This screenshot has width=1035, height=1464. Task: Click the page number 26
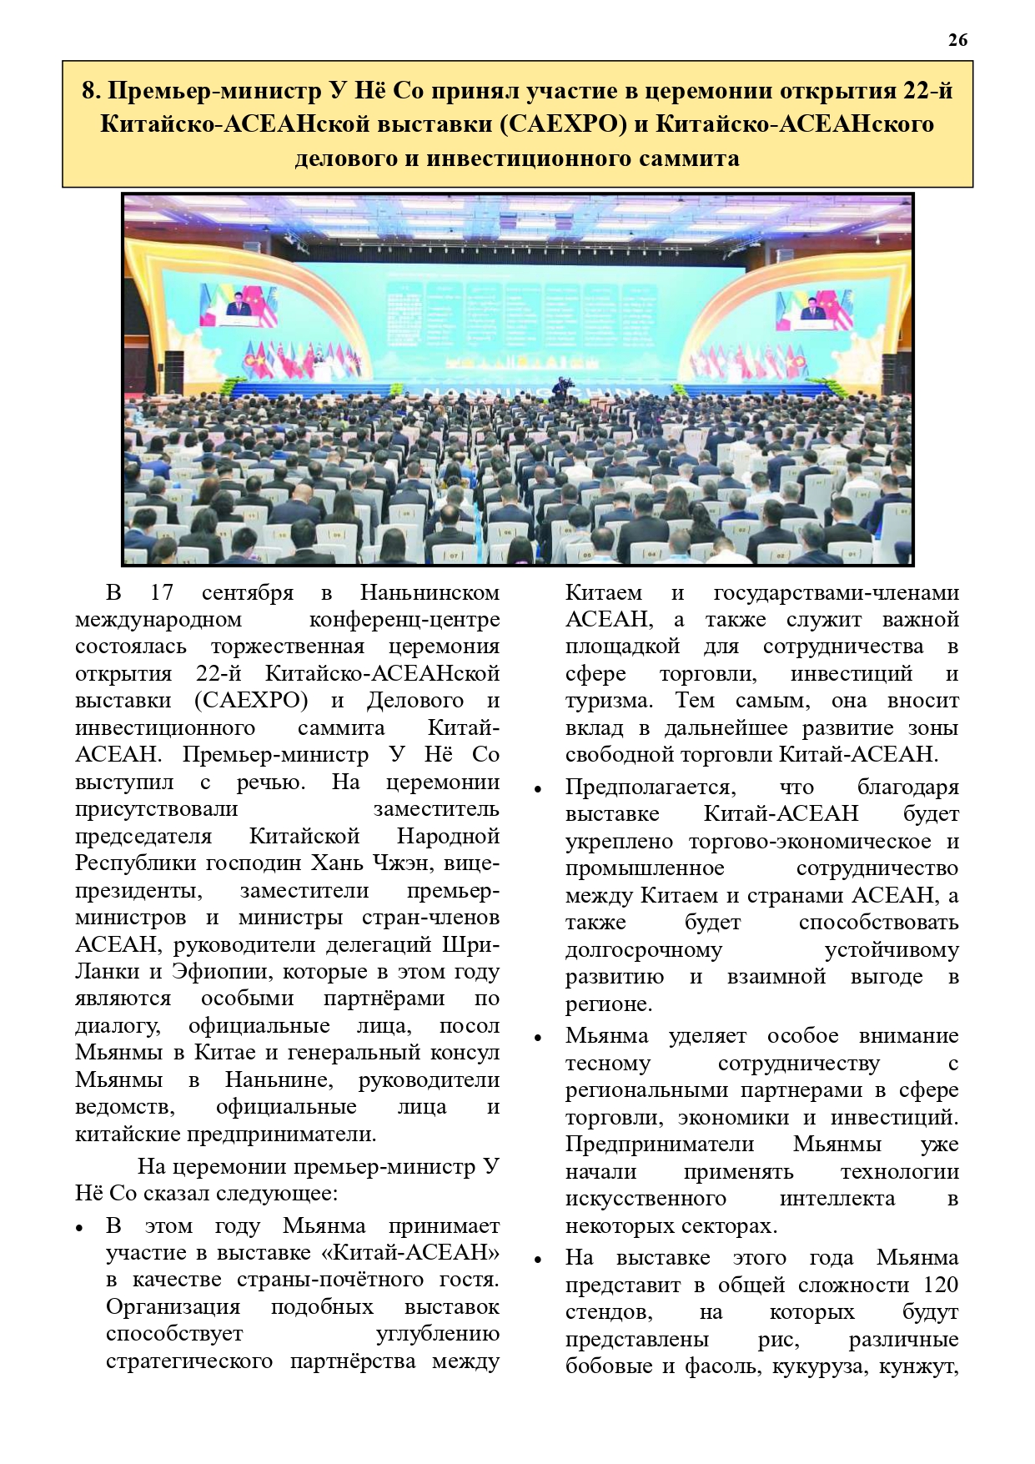point(957,40)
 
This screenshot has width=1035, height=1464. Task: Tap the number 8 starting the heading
point(89,91)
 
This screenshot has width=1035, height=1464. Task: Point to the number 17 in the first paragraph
point(162,592)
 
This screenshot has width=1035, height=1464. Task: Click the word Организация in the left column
point(173,1306)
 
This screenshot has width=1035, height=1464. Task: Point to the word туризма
point(609,701)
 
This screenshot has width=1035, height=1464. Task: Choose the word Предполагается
point(650,787)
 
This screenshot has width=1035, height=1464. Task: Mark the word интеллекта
point(837,1199)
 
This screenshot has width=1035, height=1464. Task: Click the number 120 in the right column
point(940,1285)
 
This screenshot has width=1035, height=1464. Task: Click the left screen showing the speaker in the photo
point(237,304)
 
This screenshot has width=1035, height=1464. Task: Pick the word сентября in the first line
point(248,592)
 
